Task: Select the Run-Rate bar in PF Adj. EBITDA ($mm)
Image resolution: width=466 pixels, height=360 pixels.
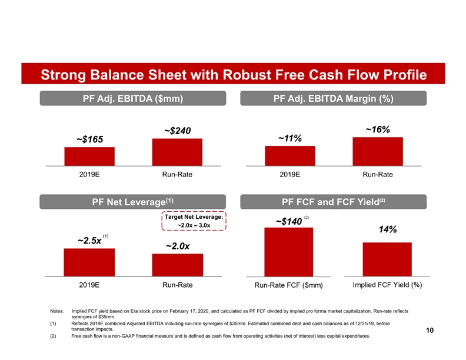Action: click(177, 152)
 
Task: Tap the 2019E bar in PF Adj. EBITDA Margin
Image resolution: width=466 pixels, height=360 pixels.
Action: click(289, 155)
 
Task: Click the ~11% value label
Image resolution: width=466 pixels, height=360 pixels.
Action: click(289, 138)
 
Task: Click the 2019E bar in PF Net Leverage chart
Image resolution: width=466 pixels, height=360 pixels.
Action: click(89, 262)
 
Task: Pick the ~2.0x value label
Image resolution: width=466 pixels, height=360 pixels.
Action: click(177, 246)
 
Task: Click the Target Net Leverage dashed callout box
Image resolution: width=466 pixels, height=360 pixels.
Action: click(193, 222)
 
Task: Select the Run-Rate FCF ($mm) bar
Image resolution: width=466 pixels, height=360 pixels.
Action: click(288, 252)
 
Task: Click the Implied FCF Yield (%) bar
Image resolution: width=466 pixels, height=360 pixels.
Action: click(387, 259)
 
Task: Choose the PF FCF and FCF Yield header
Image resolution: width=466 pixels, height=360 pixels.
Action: click(333, 202)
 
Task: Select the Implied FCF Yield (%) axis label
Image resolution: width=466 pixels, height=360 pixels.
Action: click(387, 285)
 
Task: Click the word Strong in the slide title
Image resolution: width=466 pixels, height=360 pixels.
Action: click(65, 76)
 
